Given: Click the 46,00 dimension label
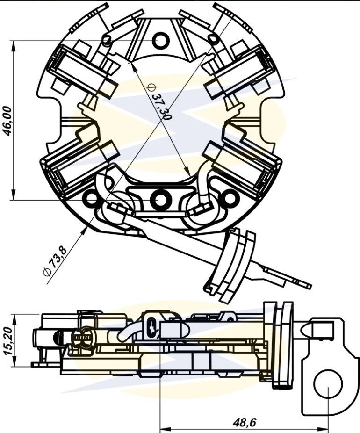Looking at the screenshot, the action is pyautogui.click(x=8, y=121).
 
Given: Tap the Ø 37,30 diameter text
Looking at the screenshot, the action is pyautogui.click(x=159, y=101).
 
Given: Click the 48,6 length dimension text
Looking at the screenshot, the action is pyautogui.click(x=245, y=422).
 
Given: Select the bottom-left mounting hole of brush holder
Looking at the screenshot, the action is pyautogui.click(x=91, y=198).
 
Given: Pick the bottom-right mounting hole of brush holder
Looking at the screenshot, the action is pyautogui.click(x=230, y=198).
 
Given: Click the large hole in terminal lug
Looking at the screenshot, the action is pyautogui.click(x=328, y=383).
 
